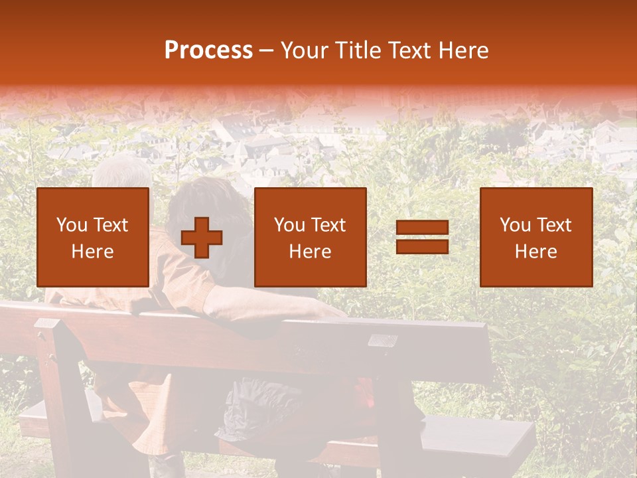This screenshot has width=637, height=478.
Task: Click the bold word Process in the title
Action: [208, 50]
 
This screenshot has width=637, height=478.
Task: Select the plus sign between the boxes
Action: [202, 238]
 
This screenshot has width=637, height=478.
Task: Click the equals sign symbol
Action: [422, 238]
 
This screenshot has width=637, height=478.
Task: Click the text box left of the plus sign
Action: [93, 238]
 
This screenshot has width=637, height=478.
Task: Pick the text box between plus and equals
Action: [310, 238]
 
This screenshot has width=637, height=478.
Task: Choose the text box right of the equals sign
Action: [536, 238]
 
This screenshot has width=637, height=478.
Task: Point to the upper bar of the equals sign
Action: [422, 228]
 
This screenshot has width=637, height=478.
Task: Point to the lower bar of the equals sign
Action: [422, 246]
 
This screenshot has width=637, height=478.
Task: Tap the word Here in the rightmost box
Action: [536, 252]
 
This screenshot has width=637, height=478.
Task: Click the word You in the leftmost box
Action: [72, 225]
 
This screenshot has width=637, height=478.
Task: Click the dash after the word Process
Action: [267, 50]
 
